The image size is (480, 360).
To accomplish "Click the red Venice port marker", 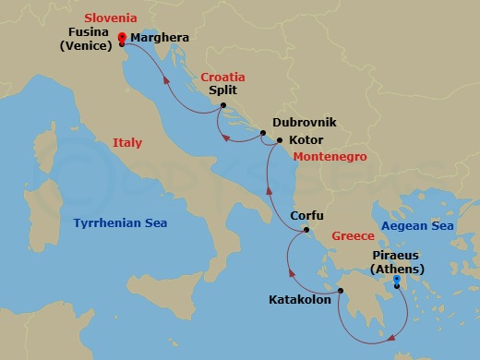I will [122, 38].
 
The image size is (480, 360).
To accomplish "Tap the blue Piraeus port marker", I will [396, 281].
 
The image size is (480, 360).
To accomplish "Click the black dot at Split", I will [223, 106].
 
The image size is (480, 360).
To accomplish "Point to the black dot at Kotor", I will [280, 140].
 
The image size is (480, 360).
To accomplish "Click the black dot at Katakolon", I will [340, 292].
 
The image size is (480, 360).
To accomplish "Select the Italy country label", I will [127, 143].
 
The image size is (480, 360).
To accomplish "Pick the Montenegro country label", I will [330, 157].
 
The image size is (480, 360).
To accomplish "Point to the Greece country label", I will [353, 235].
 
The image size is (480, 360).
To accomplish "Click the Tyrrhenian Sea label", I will [126, 222].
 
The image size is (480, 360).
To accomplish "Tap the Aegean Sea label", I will [417, 226].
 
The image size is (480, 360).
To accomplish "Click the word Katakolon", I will [299, 299].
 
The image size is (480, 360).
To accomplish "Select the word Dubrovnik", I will [305, 122].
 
